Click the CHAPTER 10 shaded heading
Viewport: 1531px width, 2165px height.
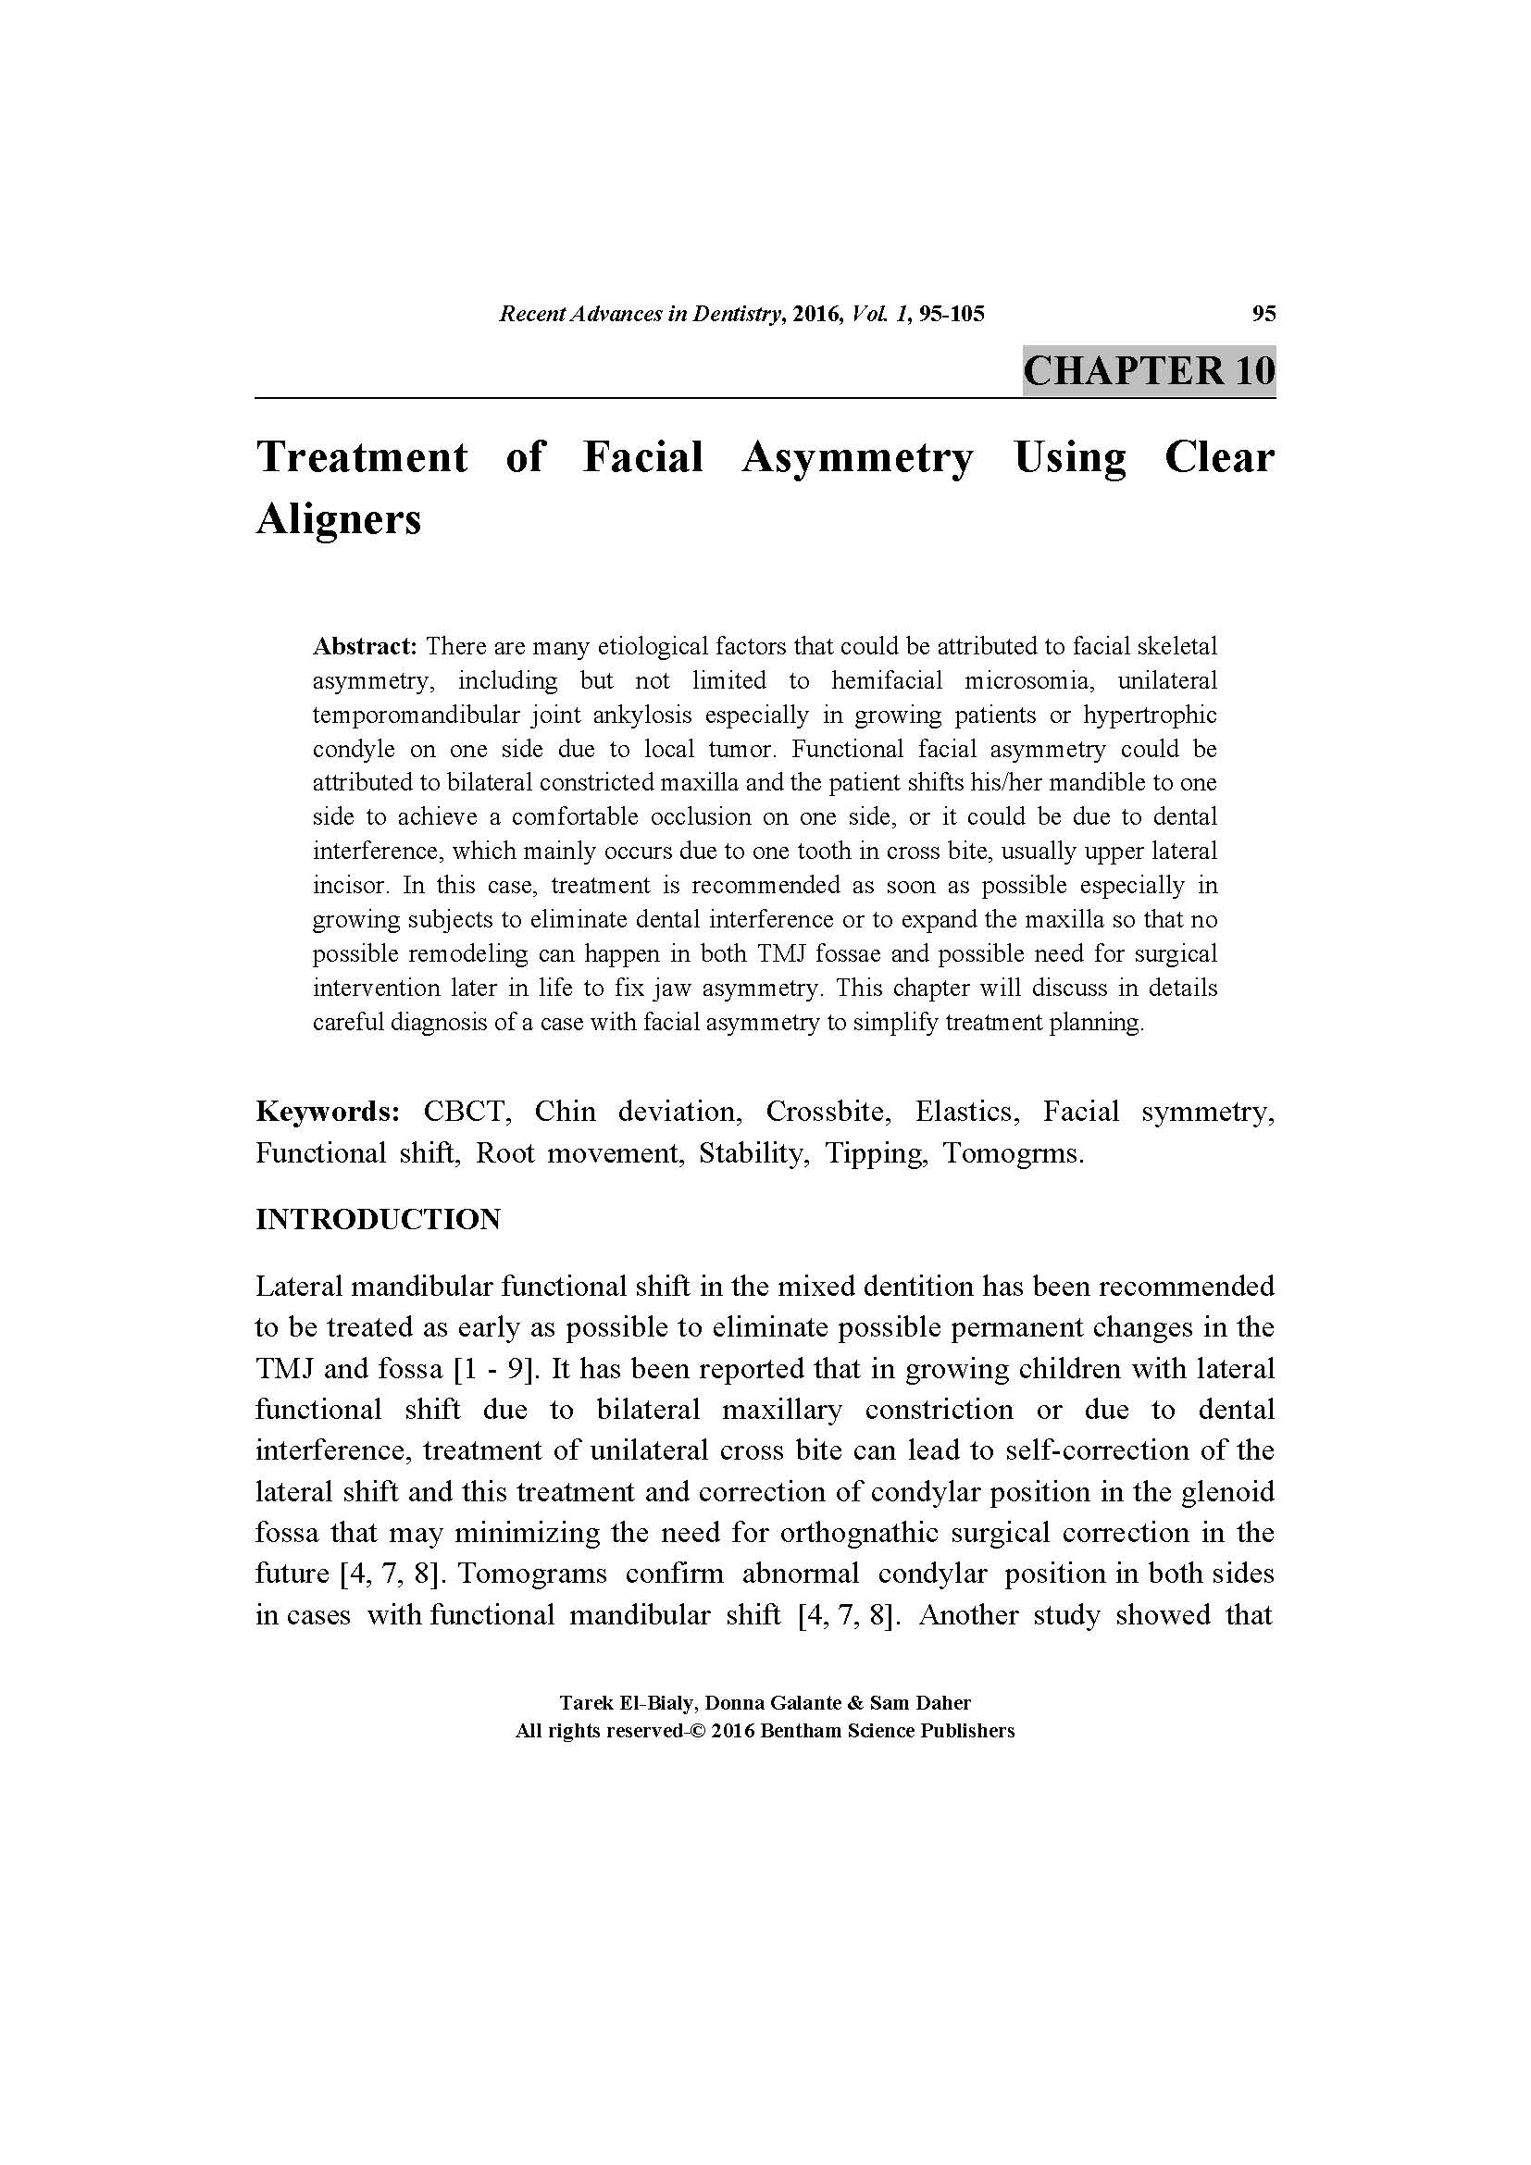pyautogui.click(x=1148, y=370)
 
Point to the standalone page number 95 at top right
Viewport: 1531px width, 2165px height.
pyautogui.click(x=1263, y=314)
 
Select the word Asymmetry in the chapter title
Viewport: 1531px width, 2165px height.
pyautogui.click(x=857, y=458)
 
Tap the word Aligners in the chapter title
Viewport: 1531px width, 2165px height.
pyautogui.click(x=339, y=519)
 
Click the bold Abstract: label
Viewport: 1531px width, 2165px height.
pyautogui.click(x=365, y=647)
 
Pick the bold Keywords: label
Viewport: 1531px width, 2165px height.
pyautogui.click(x=328, y=1112)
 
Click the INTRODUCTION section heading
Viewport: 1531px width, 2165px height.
pyautogui.click(x=377, y=1219)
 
